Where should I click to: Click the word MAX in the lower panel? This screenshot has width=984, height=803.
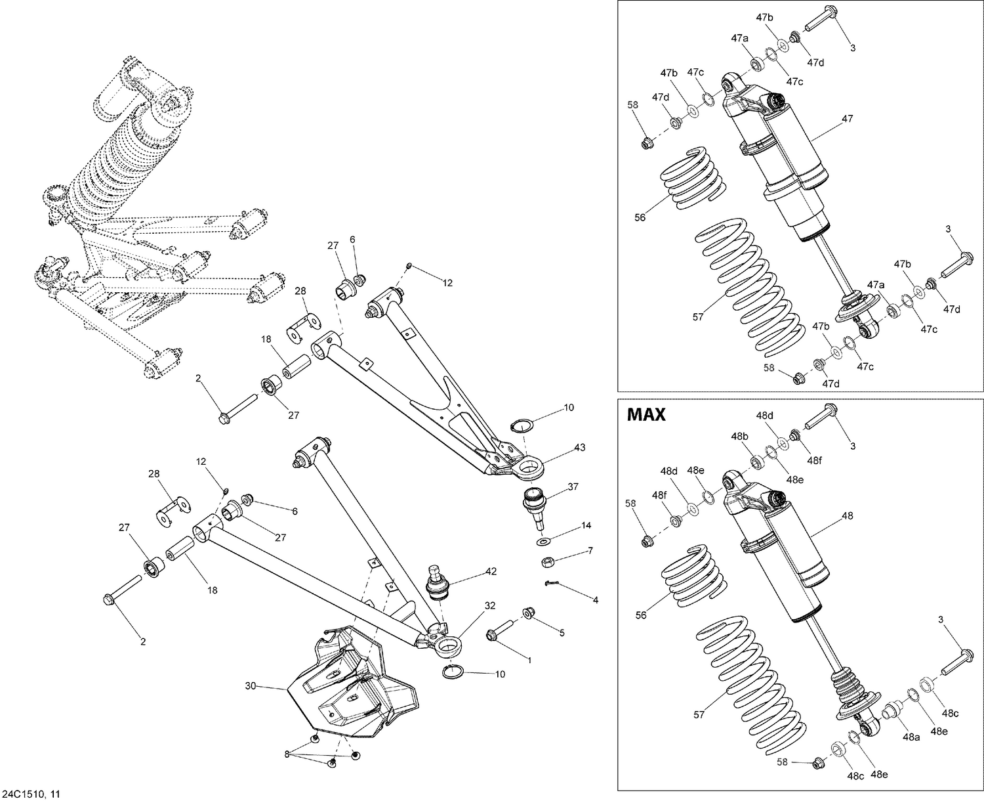pyautogui.click(x=646, y=415)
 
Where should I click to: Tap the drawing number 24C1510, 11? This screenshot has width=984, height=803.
pyautogui.click(x=32, y=794)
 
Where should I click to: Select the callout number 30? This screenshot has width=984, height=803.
pyautogui.click(x=251, y=686)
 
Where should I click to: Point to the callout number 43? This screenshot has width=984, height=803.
pyautogui.click(x=580, y=447)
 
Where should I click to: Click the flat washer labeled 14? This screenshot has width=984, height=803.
pyautogui.click(x=544, y=542)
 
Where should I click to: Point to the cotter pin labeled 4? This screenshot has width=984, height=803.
pyautogui.click(x=550, y=583)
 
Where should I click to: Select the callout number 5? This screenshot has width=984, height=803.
pyautogui.click(x=562, y=632)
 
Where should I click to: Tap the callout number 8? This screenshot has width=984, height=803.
pyautogui.click(x=287, y=754)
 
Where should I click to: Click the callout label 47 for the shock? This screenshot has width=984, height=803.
pyautogui.click(x=847, y=119)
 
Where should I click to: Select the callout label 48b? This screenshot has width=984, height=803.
pyautogui.click(x=741, y=436)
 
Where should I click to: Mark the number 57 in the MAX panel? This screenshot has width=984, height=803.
pyautogui.click(x=699, y=714)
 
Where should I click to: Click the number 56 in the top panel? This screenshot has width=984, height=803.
pyautogui.click(x=640, y=217)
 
